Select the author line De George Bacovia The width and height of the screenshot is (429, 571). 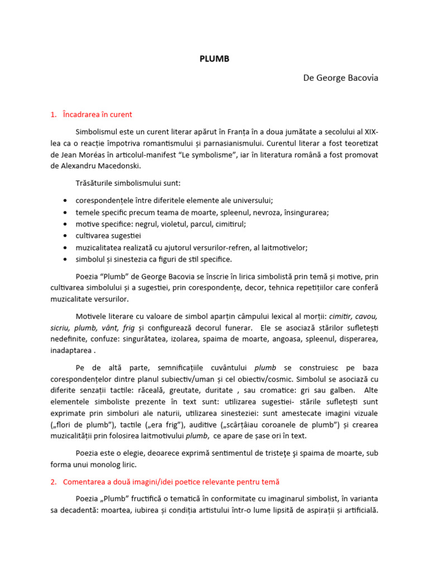click(x=341, y=78)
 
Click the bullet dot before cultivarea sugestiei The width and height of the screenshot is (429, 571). click(x=66, y=236)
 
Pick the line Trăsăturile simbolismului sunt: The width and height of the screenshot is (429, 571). click(x=128, y=183)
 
